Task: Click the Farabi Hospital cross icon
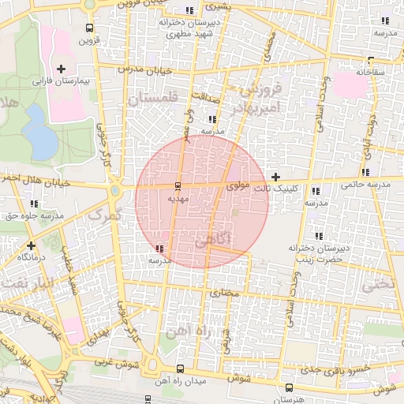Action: tap(62, 69)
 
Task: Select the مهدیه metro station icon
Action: tap(177, 187)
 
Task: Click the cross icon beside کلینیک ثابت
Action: tap(275, 177)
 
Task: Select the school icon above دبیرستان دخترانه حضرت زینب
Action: tap(319, 236)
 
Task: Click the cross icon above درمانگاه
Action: tap(31, 245)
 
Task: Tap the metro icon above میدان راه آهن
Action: tap(180, 368)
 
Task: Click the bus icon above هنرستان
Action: tap(288, 387)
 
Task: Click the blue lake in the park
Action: tap(35, 126)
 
